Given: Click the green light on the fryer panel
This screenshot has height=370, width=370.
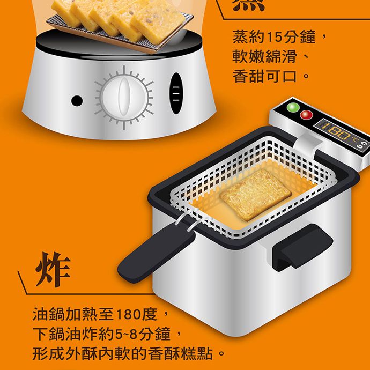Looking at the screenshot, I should coord(292,107).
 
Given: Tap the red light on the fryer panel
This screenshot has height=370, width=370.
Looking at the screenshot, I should coord(306,114).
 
